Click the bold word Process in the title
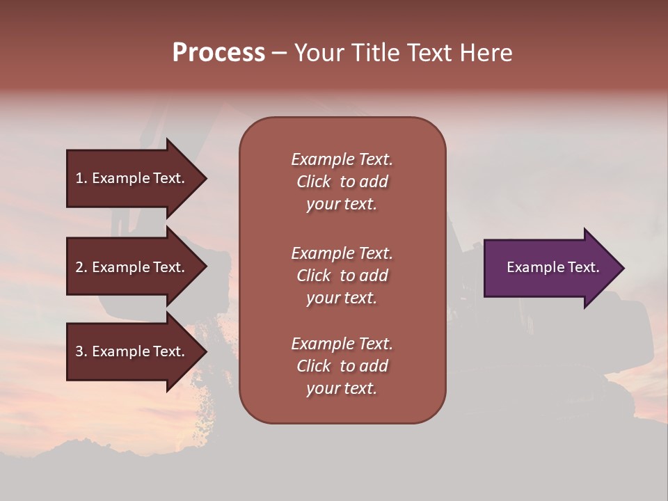point(218,53)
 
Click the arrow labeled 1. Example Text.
point(132,178)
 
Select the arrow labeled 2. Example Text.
point(132,267)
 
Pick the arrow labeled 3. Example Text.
point(132,351)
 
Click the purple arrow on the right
point(550,268)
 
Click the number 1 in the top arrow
point(79,178)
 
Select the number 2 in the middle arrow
point(79,267)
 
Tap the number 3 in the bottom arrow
point(79,351)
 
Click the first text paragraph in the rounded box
point(342,182)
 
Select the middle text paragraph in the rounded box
point(342,276)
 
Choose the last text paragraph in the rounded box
point(342,366)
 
